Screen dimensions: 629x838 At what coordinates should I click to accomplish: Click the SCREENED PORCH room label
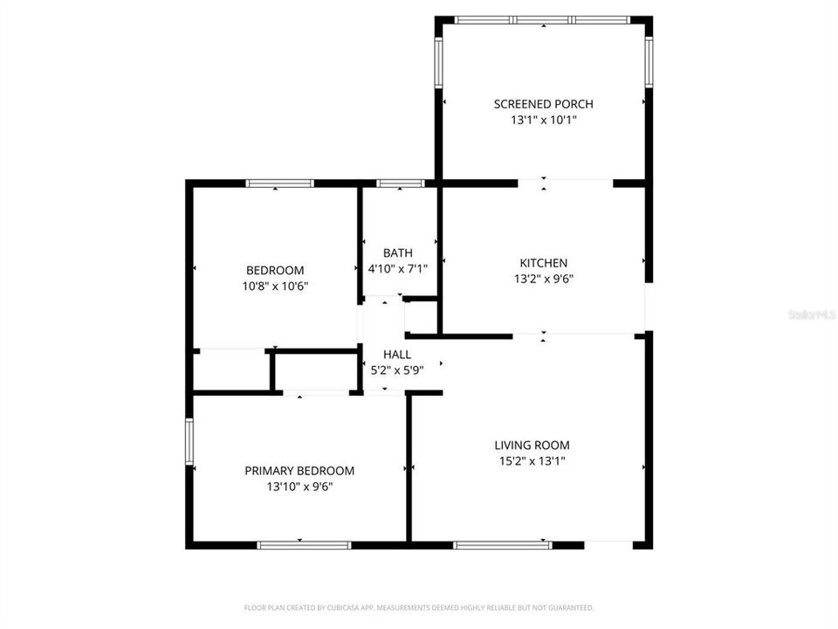[x=543, y=104]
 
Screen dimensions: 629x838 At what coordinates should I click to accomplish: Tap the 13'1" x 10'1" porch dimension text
[x=543, y=121]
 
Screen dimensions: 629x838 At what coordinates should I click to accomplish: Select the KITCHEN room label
[x=544, y=263]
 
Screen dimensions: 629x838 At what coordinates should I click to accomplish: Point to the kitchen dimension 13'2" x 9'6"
[x=544, y=280]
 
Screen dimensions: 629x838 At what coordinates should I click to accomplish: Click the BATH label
[x=397, y=253]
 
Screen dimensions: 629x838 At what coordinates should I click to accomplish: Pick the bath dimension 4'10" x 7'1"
[x=397, y=269]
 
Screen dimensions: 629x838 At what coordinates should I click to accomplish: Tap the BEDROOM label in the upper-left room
[x=275, y=270]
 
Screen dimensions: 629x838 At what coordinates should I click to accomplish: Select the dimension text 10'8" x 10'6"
[x=275, y=286]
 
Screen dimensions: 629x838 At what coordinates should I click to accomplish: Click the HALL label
[x=397, y=355]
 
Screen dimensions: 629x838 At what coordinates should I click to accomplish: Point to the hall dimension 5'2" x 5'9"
[x=397, y=370]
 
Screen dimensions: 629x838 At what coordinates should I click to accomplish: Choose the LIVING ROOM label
[x=532, y=445]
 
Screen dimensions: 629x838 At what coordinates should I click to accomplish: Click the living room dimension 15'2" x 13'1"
[x=532, y=461]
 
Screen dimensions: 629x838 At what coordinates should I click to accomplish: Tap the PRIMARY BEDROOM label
[x=299, y=470]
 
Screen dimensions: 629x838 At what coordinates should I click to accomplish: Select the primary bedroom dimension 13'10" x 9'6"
[x=299, y=487]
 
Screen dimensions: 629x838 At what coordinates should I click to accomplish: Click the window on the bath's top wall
[x=400, y=183]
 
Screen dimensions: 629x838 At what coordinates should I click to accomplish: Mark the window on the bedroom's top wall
[x=279, y=183]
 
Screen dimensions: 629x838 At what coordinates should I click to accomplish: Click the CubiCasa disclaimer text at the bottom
[x=419, y=607]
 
